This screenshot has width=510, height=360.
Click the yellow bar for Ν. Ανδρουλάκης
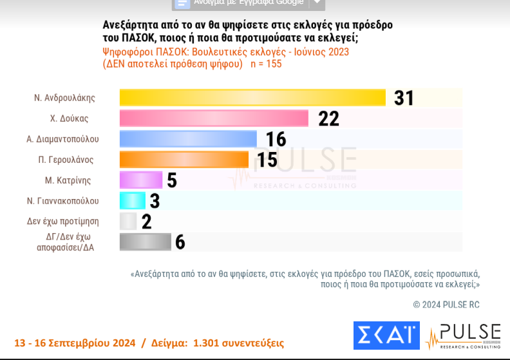point(252,97)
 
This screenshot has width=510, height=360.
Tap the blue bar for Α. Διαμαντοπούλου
point(188,138)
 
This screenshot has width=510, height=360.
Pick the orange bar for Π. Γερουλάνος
point(184,159)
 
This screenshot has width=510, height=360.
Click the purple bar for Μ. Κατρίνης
point(141,180)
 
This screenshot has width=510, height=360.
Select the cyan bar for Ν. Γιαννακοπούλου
point(132,200)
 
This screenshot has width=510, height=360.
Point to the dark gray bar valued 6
point(145,242)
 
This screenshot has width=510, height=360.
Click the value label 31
point(404,98)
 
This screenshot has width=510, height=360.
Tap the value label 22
point(328,118)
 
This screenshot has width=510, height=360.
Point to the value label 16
point(276,139)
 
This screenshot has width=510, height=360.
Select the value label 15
point(267,160)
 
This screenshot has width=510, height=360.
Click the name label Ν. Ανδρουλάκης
point(65,98)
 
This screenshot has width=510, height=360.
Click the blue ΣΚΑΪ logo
point(386,337)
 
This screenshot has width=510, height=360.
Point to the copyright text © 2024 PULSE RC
point(446,304)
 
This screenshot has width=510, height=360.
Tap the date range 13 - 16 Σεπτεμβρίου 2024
point(74,343)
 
